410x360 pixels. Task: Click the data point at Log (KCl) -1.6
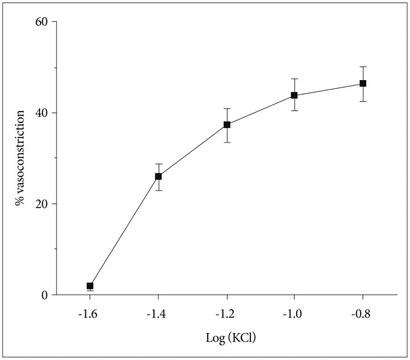tap(90, 286)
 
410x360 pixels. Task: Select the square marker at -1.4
tap(158, 176)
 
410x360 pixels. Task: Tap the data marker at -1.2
tap(227, 124)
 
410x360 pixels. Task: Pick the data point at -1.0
tap(294, 95)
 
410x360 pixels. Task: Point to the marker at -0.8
tap(363, 83)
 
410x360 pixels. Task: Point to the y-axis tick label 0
tap(45, 295)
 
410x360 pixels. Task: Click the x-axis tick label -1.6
tap(90, 314)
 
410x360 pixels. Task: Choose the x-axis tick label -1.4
tap(158, 314)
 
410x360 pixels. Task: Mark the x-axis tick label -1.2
tap(227, 314)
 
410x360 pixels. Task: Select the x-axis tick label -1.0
tap(294, 314)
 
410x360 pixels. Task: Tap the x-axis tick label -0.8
tap(363, 314)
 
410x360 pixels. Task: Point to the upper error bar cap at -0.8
tap(363, 67)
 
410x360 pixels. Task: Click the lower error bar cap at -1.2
tap(227, 142)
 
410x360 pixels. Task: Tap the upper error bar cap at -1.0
tap(294, 78)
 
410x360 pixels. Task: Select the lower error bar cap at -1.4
tap(158, 190)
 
